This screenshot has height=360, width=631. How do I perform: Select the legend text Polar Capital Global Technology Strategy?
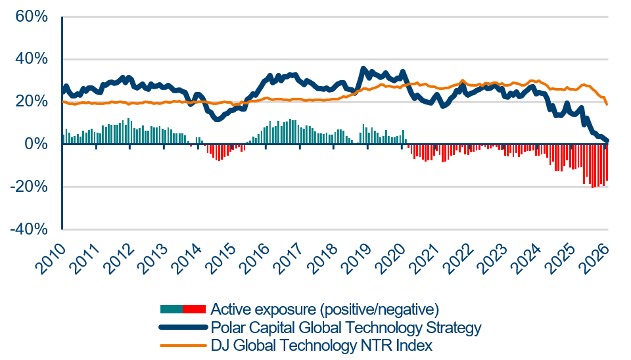coord(346,327)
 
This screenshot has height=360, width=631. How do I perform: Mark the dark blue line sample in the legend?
coord(183,327)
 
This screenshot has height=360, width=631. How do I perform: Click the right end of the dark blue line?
coord(607,141)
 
